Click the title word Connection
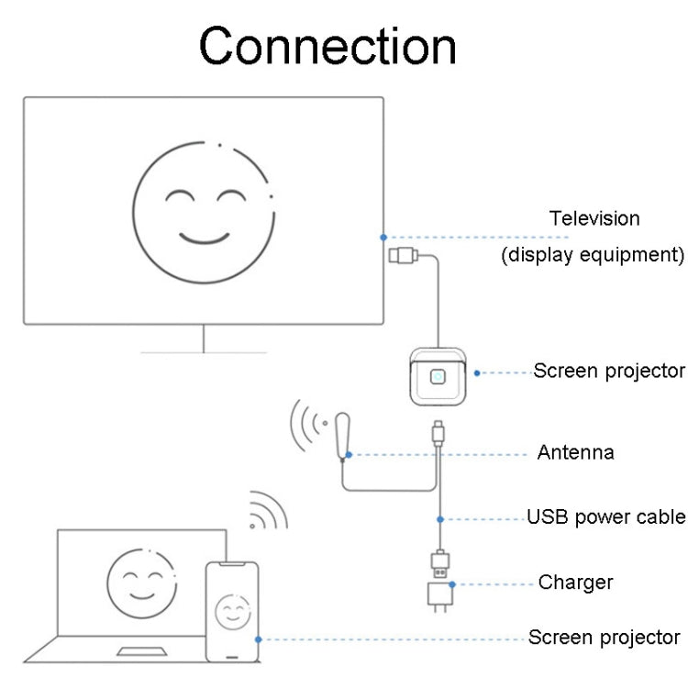click(327, 46)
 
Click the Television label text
click(594, 218)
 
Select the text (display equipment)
click(592, 254)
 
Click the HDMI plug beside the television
click(404, 254)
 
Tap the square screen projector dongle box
click(438, 375)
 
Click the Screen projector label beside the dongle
click(609, 371)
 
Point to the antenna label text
click(575, 452)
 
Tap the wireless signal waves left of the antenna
click(308, 423)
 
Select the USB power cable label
click(605, 516)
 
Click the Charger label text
click(575, 582)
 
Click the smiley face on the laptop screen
click(141, 584)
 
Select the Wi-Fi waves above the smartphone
click(267, 512)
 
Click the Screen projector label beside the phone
click(604, 637)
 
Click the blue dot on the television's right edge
click(383, 237)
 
